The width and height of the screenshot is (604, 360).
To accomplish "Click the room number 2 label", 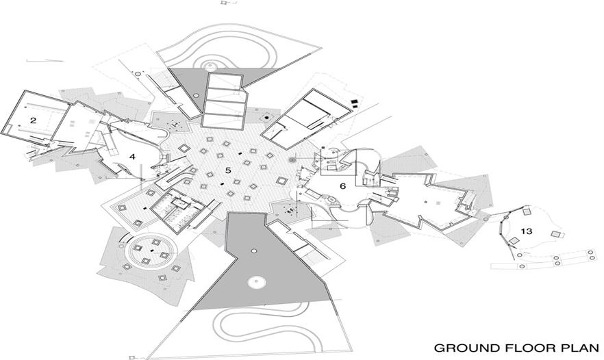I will click(x=32, y=120).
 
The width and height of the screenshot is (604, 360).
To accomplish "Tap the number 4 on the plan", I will click(x=133, y=157).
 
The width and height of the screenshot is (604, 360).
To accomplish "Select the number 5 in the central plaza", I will click(x=228, y=170).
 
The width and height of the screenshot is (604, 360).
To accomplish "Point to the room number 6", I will click(x=342, y=185).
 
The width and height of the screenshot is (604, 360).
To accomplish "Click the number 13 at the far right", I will click(x=526, y=231).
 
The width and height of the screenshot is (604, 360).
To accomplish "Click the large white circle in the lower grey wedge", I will click(x=257, y=282).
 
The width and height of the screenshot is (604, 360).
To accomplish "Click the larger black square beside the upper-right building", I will click(x=353, y=103).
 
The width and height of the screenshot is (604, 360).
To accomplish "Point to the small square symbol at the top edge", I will click(x=224, y=3).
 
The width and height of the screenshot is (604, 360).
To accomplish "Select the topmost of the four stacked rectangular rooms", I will click(x=225, y=83).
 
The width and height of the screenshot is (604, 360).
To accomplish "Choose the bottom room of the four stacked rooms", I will click(x=226, y=121).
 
